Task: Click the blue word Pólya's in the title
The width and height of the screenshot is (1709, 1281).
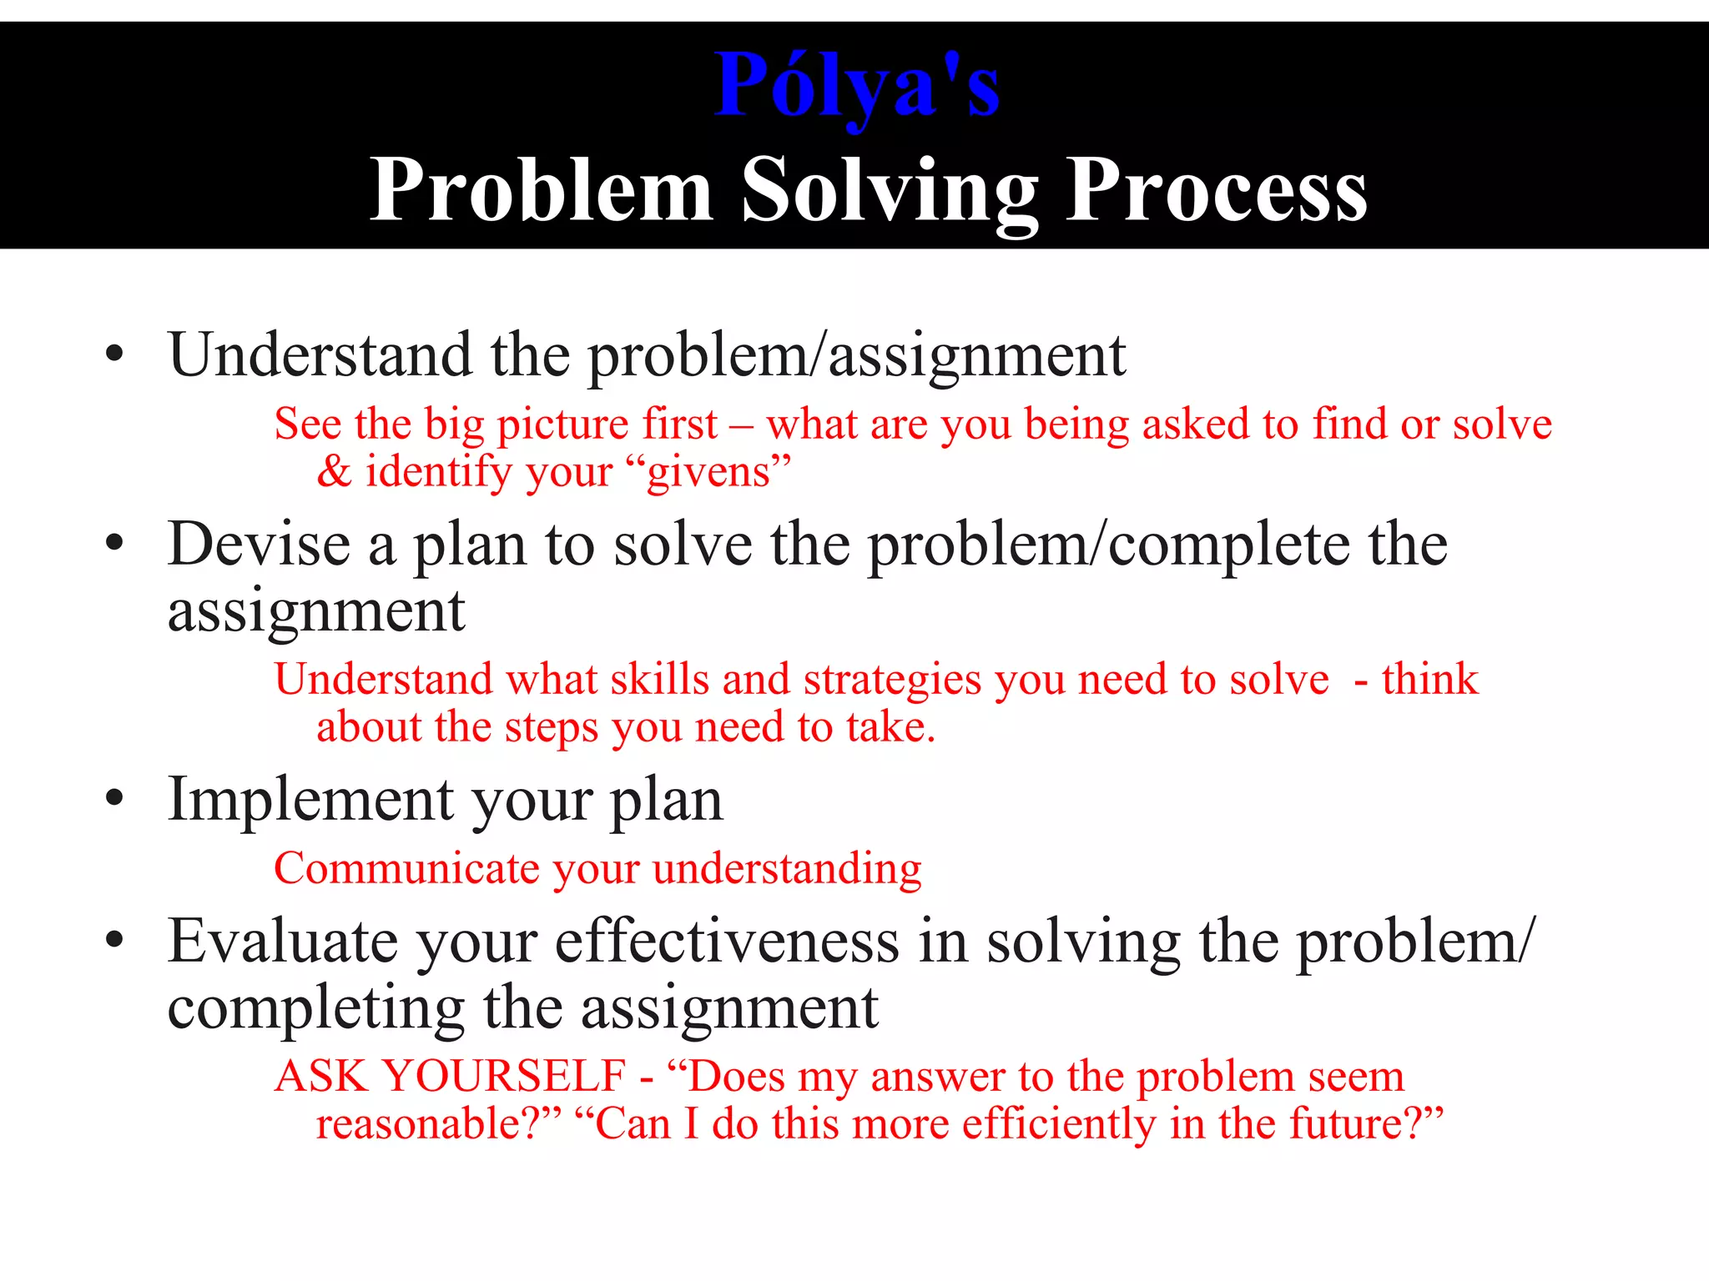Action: click(x=857, y=86)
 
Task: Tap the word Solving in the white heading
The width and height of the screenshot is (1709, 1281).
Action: click(x=890, y=192)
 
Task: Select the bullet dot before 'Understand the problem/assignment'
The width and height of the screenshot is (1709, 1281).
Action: click(x=115, y=354)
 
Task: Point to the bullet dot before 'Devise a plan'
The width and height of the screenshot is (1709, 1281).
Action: click(x=115, y=544)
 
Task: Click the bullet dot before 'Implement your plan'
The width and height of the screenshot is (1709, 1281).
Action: click(x=115, y=798)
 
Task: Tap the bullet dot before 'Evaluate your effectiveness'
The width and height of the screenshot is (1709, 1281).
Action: click(x=115, y=940)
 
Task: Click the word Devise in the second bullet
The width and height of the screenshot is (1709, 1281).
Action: click(x=259, y=544)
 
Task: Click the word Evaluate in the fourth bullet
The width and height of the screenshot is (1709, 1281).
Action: click(x=283, y=941)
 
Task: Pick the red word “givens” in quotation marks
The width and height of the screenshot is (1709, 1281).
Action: click(x=718, y=472)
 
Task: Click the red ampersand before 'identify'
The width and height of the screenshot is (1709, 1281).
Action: click(x=334, y=471)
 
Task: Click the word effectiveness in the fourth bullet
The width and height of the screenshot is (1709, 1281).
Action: click(x=727, y=941)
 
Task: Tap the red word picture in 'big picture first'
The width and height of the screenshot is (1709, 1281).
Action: click(x=562, y=425)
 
